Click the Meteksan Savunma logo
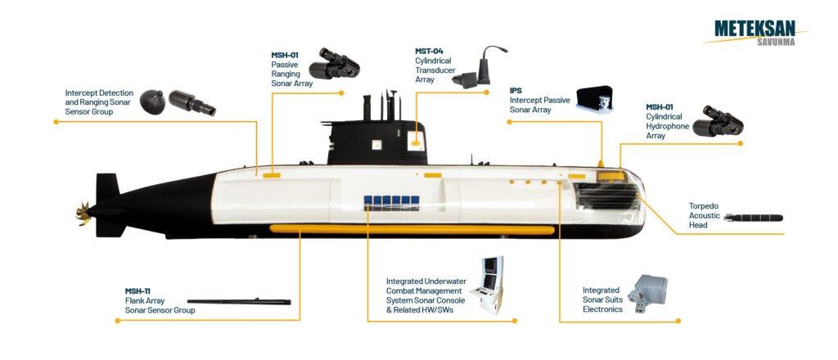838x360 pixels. tap(755, 32)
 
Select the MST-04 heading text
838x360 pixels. tap(430, 52)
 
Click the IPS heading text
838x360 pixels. tap(516, 91)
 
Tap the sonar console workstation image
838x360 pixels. tap(493, 286)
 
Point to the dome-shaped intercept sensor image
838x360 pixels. tap(155, 102)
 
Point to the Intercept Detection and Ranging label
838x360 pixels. tap(100, 102)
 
